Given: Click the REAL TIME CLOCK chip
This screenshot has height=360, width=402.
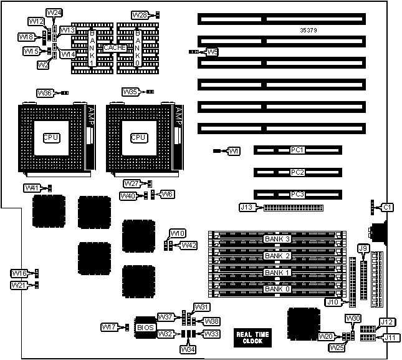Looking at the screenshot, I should pos(252,338).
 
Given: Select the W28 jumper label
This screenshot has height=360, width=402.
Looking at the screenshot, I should pos(140,14).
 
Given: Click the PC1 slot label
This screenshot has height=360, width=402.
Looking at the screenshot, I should pos(297,150).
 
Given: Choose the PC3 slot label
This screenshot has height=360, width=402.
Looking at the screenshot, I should pos(297,194).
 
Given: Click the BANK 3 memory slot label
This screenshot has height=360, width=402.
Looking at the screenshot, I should pos(277,239).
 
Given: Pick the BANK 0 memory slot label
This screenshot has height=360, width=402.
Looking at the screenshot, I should pos(277,289).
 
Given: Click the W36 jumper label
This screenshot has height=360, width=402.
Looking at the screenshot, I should pos(45,93).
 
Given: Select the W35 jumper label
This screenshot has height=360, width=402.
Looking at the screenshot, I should pos(130,92).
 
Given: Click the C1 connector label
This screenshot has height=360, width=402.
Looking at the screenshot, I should pos(387,207).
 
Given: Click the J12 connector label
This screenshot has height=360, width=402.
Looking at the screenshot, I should pos(386,322).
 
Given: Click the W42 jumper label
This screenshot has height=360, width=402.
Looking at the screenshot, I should pos(189,245).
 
